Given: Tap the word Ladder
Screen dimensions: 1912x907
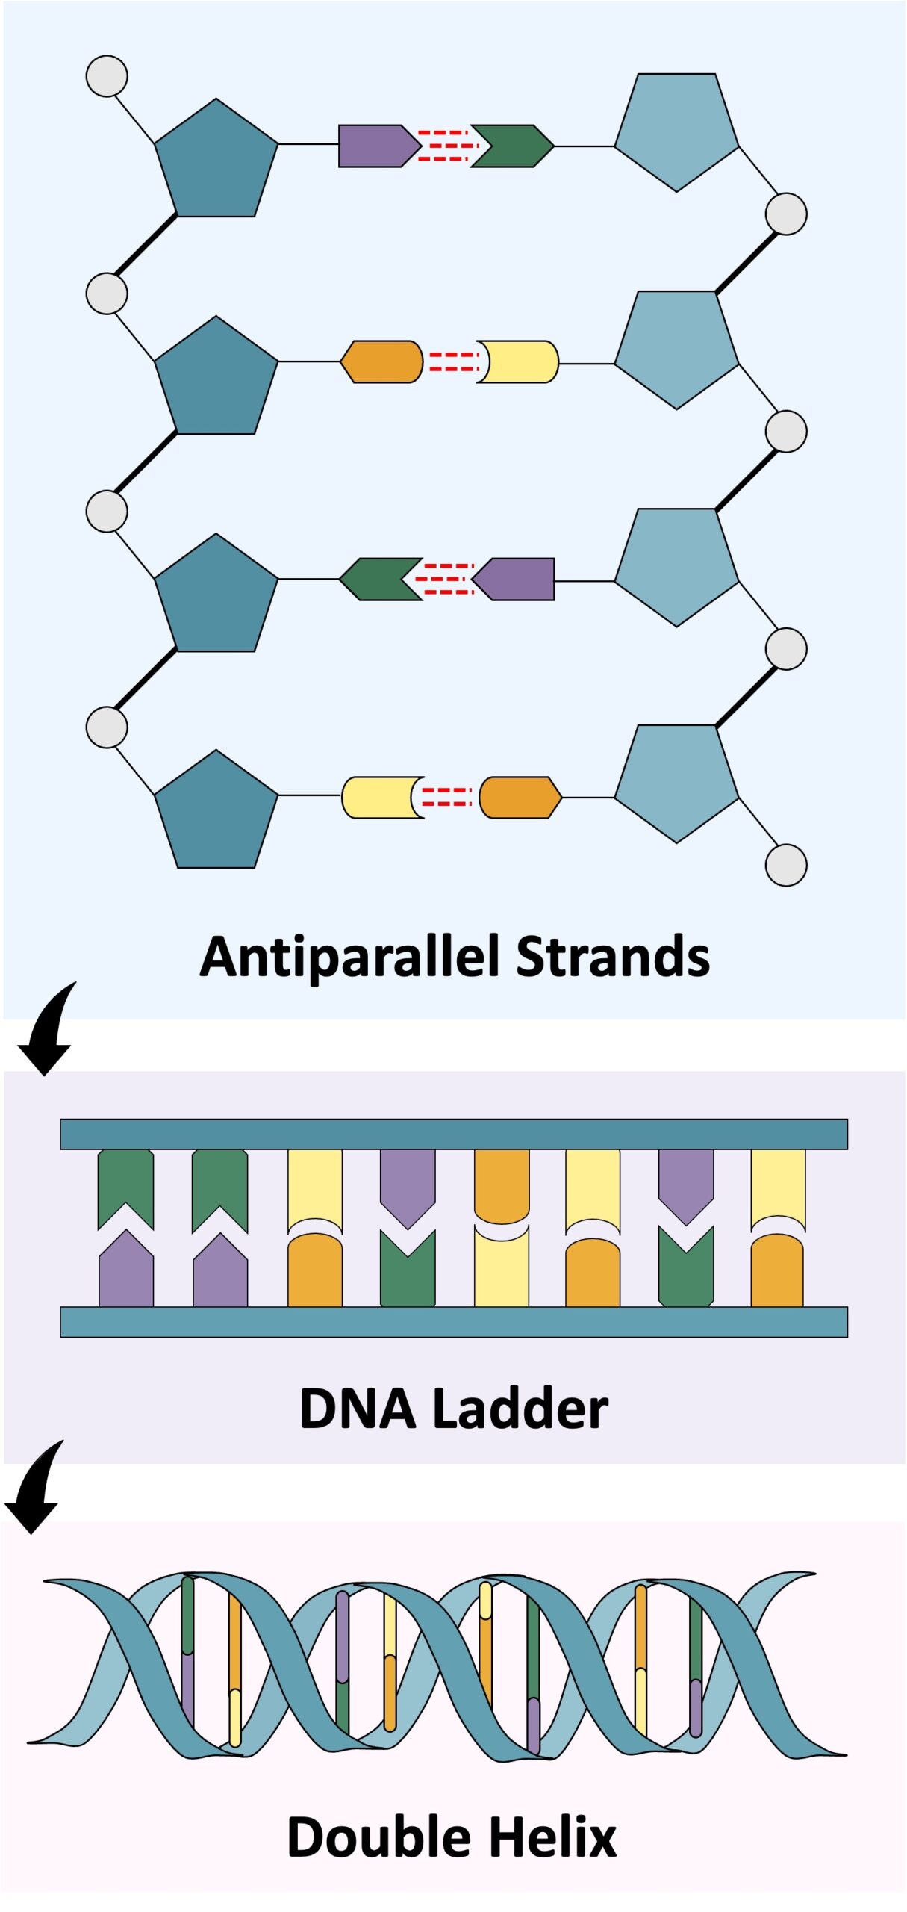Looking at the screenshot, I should [520, 1409].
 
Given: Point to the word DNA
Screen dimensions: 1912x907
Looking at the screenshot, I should [357, 1409].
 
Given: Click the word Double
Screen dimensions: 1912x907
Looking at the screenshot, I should [378, 1837].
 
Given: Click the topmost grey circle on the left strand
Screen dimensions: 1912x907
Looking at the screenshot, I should [107, 76].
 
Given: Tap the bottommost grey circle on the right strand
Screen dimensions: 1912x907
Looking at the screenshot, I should [786, 865].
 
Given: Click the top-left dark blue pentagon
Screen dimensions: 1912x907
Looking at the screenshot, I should [216, 161].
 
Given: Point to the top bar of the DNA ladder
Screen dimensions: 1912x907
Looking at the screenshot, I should [453, 1134].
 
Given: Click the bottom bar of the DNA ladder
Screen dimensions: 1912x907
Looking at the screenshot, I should [453, 1321].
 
